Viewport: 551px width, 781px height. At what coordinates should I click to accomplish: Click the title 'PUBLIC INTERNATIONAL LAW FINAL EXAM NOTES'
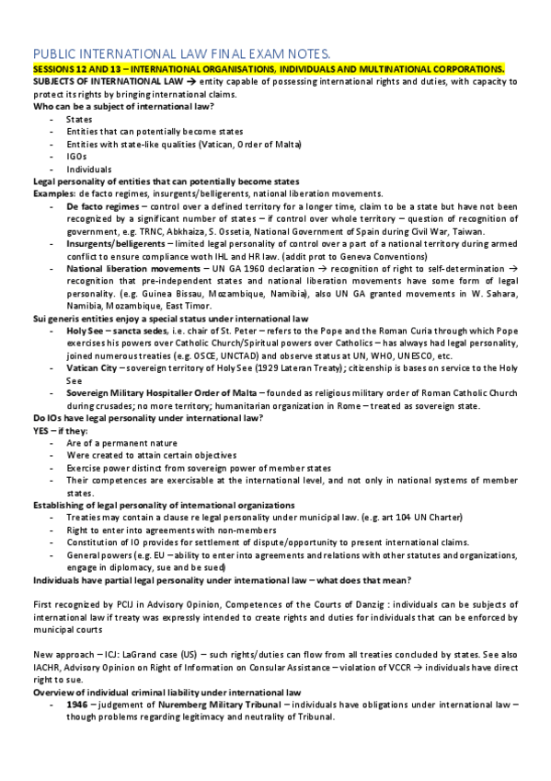[x=176, y=54]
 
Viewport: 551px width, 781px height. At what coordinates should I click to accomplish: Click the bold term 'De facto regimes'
[x=101, y=207]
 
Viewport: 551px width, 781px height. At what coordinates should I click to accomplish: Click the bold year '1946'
[x=78, y=704]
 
